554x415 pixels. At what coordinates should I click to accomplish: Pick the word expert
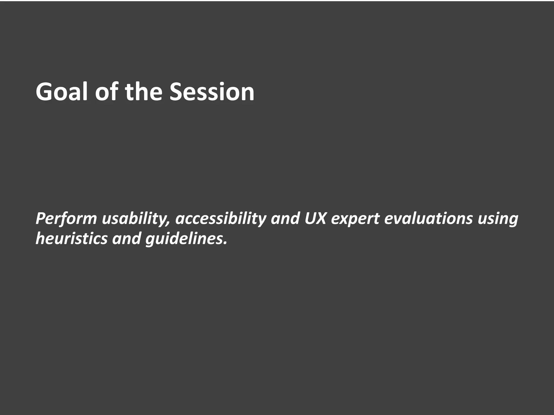point(355,219)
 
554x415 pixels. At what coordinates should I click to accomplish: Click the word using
point(498,219)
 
